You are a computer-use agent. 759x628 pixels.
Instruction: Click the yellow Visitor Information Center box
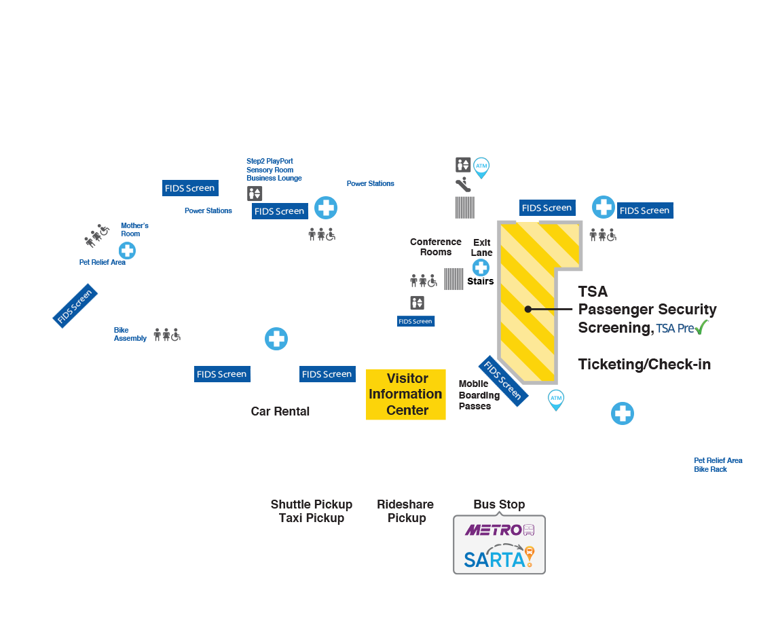[x=405, y=394]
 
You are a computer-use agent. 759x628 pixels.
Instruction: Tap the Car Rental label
[x=280, y=411]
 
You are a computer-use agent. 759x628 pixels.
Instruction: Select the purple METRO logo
[x=500, y=530]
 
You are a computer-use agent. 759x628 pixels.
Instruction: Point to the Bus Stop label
[x=499, y=504]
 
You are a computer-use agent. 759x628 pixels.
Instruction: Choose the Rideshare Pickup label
[x=406, y=511]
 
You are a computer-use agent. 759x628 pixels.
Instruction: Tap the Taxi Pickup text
[x=311, y=518]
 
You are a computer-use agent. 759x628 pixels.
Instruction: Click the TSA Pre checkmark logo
[x=682, y=327]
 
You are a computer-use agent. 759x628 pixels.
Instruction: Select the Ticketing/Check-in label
[x=644, y=365]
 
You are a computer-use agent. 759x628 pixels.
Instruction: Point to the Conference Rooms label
[x=435, y=247]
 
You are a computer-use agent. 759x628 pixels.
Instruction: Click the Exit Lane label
[x=482, y=247]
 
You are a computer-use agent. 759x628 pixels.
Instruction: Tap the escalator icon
[x=463, y=184]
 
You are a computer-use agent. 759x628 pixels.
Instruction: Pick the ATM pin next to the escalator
[x=481, y=166]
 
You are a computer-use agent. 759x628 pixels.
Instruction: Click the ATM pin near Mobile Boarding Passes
[x=556, y=399]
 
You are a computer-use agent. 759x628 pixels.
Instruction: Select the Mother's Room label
[x=134, y=229]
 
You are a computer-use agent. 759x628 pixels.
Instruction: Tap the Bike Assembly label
[x=130, y=334]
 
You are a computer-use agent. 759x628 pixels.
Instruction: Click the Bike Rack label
[x=710, y=469]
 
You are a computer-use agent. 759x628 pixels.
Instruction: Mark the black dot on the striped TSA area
[x=527, y=310]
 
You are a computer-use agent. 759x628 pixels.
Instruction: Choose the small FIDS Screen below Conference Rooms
[x=415, y=321]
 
